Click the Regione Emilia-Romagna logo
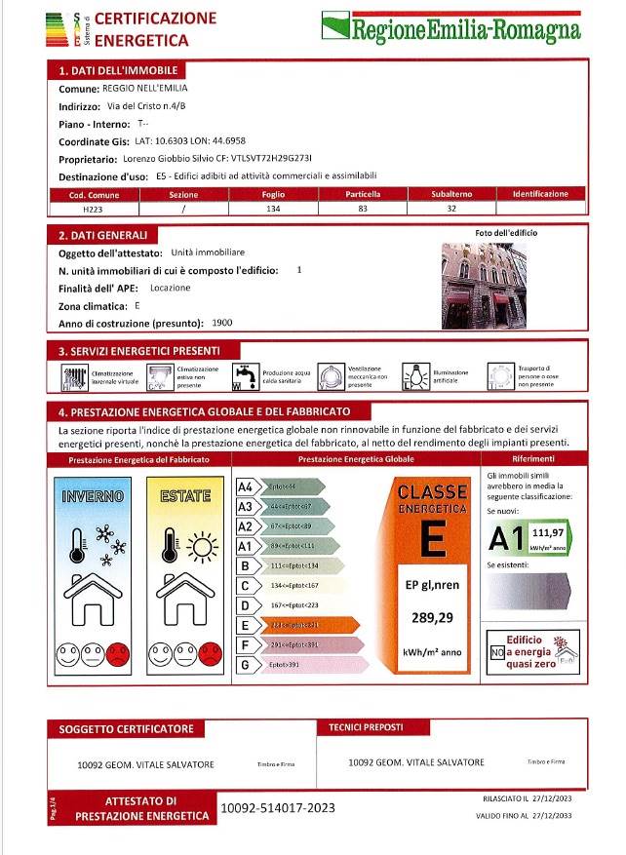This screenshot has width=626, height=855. pyautogui.click(x=452, y=26)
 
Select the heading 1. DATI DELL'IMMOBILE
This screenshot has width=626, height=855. pyautogui.click(x=118, y=71)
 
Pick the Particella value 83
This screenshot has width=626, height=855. pyautogui.click(x=363, y=209)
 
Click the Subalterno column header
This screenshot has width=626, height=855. pyautogui.click(x=451, y=195)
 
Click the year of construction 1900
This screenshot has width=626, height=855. pyautogui.click(x=222, y=323)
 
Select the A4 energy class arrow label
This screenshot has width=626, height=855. pyautogui.click(x=246, y=486)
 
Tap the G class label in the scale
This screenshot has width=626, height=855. pyautogui.click(x=246, y=664)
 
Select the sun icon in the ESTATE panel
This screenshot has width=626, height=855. pyautogui.click(x=203, y=546)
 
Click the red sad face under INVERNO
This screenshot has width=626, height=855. pyautogui.click(x=118, y=652)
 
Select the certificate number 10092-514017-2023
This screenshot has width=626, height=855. pyautogui.click(x=278, y=807)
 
